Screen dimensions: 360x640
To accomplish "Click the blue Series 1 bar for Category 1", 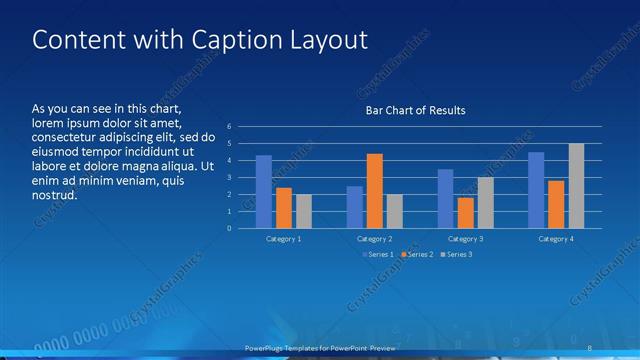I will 264,192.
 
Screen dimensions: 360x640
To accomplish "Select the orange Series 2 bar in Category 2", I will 375,191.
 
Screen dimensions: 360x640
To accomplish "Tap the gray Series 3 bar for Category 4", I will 576,186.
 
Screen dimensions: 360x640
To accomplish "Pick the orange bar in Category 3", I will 465,213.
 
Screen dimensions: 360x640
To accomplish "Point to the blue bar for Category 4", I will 536,190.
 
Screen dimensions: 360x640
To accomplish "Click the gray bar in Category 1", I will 304,211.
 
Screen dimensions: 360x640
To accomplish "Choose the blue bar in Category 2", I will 355,207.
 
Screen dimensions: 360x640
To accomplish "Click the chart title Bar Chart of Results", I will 415,110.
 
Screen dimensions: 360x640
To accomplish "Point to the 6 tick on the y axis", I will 229,127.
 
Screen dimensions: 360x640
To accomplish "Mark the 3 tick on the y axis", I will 229,178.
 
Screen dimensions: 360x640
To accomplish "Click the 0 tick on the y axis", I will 229,228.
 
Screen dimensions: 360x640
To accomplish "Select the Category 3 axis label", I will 465,239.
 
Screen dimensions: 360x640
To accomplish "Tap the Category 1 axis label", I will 284,239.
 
